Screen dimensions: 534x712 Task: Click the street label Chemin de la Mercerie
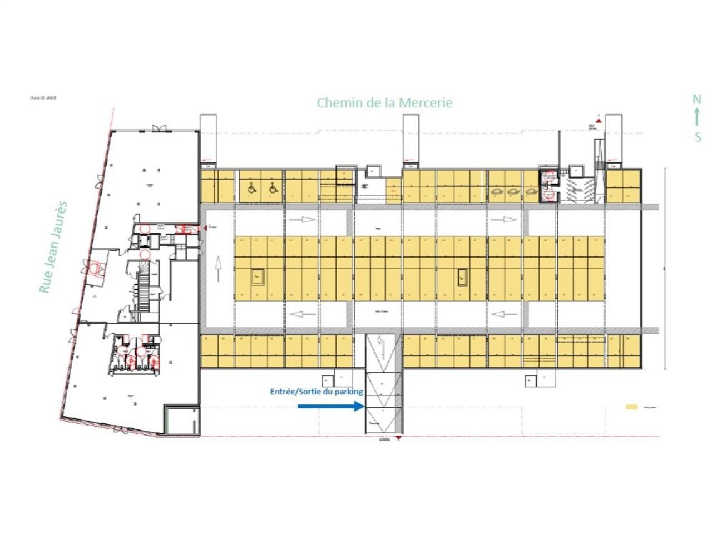click(384, 103)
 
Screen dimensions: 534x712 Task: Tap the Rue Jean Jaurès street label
click(53, 247)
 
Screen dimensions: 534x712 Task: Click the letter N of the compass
click(696, 100)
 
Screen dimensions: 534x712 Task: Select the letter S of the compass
click(698, 137)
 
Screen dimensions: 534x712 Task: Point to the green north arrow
click(697, 118)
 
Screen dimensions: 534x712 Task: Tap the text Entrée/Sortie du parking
click(316, 392)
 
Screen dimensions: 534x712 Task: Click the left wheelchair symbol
click(251, 189)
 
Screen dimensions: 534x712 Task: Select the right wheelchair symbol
click(273, 189)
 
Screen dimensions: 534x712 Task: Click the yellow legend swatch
click(631, 407)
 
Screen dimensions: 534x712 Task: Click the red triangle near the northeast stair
click(597, 120)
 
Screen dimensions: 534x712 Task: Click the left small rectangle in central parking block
click(258, 276)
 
